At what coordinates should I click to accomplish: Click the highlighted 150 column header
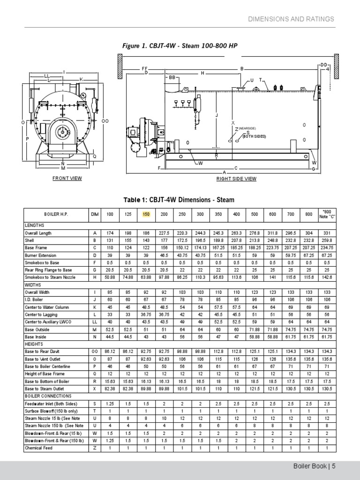click(147, 214)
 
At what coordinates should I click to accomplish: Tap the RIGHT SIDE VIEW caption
click(236, 179)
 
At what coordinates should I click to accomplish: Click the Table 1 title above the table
click(179, 200)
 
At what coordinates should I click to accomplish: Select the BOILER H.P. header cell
click(56, 214)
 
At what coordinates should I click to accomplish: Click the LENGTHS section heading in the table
click(34, 225)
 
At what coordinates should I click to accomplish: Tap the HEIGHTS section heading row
click(34, 344)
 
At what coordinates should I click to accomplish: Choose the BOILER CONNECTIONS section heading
click(46, 396)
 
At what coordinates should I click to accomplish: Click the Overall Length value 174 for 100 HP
click(110, 233)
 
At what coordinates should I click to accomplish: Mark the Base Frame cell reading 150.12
click(182, 247)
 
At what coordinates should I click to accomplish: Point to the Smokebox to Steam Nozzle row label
click(50, 277)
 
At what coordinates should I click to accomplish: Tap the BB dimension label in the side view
click(172, 77)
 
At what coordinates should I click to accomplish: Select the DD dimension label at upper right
click(323, 65)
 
